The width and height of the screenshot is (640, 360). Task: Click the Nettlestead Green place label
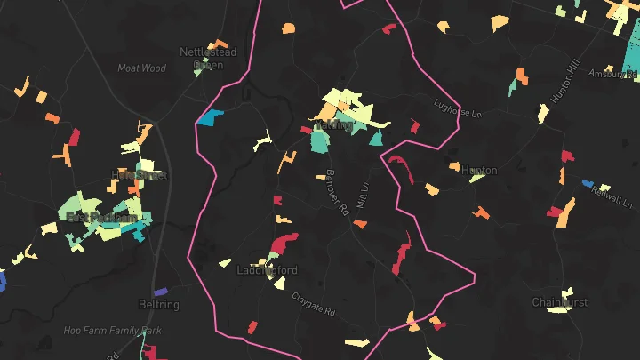pos(208,58)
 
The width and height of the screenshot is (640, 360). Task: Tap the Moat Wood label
pos(142,68)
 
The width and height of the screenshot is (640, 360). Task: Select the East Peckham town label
pos(102,218)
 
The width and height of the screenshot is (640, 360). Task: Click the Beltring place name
pos(159,305)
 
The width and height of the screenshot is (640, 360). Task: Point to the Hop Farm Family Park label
pos(112,331)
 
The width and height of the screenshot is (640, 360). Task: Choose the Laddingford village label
pos(267,270)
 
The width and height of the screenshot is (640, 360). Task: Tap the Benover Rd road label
pos(336,190)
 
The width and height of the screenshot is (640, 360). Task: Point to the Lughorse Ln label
pos(456,108)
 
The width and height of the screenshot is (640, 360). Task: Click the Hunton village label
pos(479,170)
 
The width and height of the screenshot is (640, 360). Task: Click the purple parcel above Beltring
pos(160,292)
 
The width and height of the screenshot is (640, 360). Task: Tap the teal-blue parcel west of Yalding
pos(211,117)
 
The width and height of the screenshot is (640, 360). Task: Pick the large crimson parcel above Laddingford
pos(284,243)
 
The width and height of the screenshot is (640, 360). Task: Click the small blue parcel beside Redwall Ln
pos(588,184)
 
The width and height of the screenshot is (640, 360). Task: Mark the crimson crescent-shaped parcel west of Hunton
pos(400,166)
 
